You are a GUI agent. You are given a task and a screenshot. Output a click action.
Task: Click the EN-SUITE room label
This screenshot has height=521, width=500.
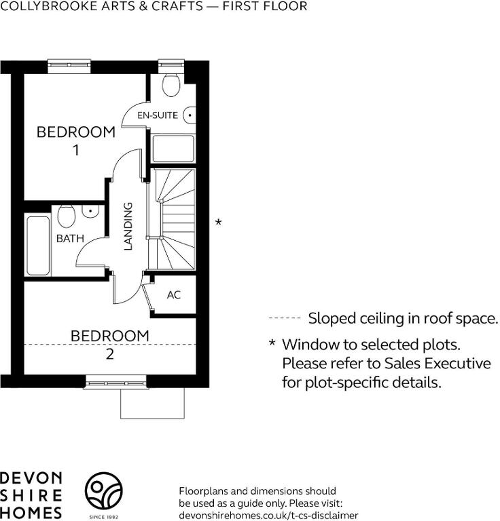[x=158, y=115]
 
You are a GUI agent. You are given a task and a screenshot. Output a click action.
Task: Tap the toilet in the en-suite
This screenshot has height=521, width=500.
[x=171, y=83]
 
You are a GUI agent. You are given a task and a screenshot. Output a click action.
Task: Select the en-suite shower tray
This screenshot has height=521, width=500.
[x=173, y=149]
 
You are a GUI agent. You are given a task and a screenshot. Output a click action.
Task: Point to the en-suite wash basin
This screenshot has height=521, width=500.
[x=189, y=115]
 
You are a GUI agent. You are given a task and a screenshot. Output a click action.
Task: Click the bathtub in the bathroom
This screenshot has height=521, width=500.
[x=38, y=246]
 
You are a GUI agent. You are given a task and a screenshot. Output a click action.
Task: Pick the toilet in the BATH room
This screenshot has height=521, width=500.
[x=66, y=216]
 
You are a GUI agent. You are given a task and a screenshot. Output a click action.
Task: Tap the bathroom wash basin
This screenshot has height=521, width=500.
[x=90, y=212]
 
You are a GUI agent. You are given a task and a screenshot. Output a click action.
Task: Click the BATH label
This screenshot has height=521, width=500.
[x=70, y=238]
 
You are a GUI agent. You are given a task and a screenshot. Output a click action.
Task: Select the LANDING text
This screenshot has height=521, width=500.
[x=128, y=226]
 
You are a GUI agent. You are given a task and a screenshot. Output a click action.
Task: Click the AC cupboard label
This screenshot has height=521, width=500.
[x=174, y=294]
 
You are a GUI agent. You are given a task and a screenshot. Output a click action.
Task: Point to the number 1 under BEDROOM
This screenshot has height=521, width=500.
[x=76, y=150]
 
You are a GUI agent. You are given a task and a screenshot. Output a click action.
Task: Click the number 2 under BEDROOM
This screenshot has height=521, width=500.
[x=110, y=355]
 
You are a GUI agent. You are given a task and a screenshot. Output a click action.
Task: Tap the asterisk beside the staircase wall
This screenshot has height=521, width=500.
[x=218, y=222]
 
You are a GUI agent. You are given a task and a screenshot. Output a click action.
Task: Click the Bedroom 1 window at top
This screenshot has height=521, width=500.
[x=69, y=66]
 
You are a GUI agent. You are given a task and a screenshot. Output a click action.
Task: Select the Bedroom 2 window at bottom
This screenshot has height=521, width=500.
[x=115, y=383]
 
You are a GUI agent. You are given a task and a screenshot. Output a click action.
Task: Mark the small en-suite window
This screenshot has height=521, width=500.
[x=171, y=66]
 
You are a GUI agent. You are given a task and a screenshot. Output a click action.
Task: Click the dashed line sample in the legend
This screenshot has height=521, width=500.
[x=285, y=318]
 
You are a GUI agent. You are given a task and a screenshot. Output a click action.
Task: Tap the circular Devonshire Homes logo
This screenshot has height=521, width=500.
[x=103, y=490]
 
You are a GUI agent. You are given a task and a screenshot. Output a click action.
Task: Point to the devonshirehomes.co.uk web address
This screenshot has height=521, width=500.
[x=268, y=516]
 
